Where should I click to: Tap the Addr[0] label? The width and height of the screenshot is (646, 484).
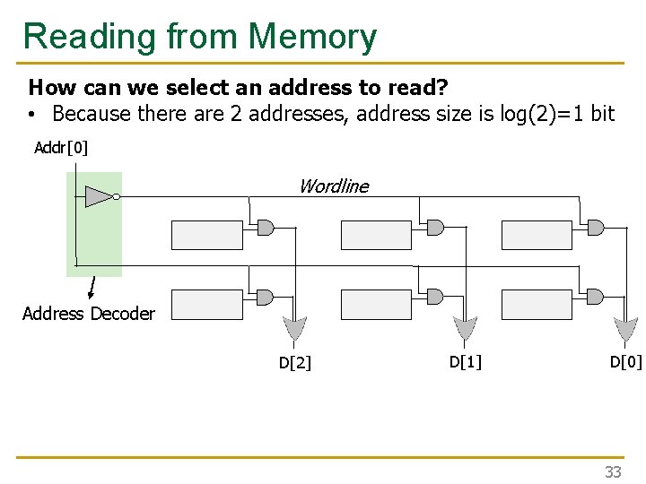[61, 147]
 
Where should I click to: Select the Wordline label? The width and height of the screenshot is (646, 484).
[333, 186]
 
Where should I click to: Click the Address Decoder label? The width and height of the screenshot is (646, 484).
[88, 314]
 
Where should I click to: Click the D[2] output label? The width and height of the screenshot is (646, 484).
[294, 363]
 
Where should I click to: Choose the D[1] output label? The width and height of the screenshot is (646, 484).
[465, 361]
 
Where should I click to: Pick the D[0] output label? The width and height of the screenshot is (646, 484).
[625, 361]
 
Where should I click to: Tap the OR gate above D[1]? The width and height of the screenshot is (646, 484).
[464, 330]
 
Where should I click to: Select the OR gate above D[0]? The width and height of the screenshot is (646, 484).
[624, 330]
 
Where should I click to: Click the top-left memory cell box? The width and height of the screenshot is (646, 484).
[206, 235]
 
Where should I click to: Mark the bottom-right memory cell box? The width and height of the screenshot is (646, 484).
[537, 305]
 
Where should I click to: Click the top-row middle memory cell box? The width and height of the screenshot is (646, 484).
[376, 235]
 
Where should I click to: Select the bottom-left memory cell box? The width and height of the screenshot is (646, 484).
[206, 305]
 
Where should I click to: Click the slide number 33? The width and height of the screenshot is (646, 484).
[612, 471]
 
